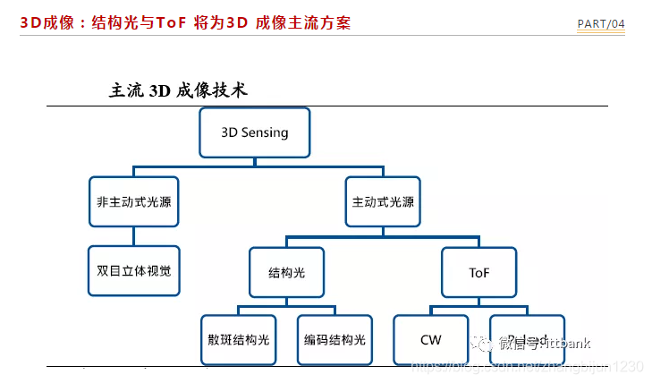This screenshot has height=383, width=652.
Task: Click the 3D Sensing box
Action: click(x=255, y=132)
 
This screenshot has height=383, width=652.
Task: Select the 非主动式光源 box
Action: click(x=134, y=201)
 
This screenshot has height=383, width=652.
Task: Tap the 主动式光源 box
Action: click(x=383, y=201)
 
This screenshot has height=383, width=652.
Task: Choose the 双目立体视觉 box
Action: click(x=134, y=270)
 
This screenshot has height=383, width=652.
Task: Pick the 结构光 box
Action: click(x=286, y=271)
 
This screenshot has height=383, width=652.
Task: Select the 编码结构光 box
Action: click(x=334, y=340)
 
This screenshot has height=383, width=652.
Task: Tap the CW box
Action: click(x=430, y=340)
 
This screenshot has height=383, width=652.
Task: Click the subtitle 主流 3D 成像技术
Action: click(x=177, y=90)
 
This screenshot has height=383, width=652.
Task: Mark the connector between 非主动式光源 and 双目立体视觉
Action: click(x=134, y=236)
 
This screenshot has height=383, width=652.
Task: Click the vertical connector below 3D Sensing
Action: click(x=255, y=161)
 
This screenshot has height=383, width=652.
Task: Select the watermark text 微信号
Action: click(x=517, y=343)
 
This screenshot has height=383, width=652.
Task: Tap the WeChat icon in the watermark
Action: click(x=483, y=343)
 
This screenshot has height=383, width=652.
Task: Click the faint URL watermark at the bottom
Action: click(x=528, y=367)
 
